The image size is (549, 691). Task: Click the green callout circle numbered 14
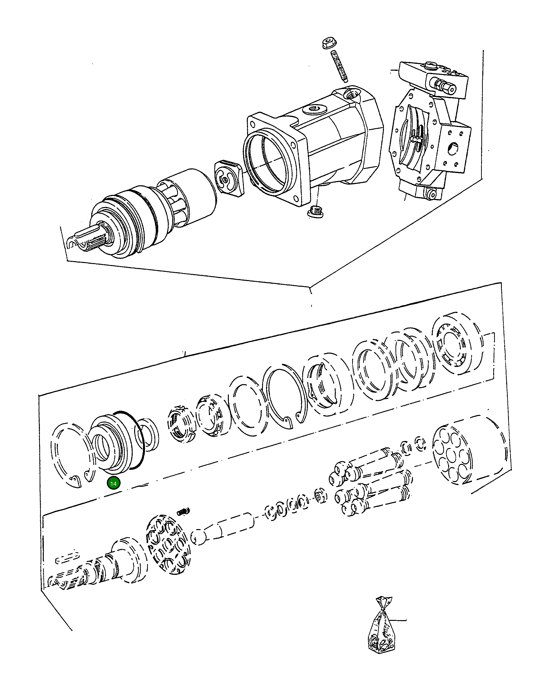tap(113, 492)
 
